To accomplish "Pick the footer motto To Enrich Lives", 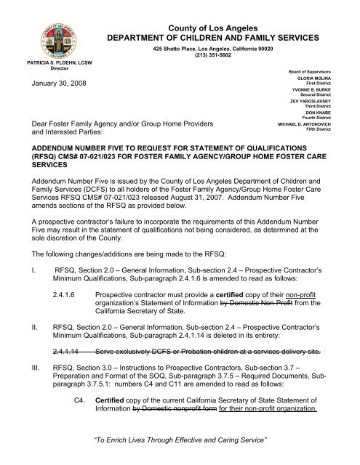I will pos(180,448).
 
